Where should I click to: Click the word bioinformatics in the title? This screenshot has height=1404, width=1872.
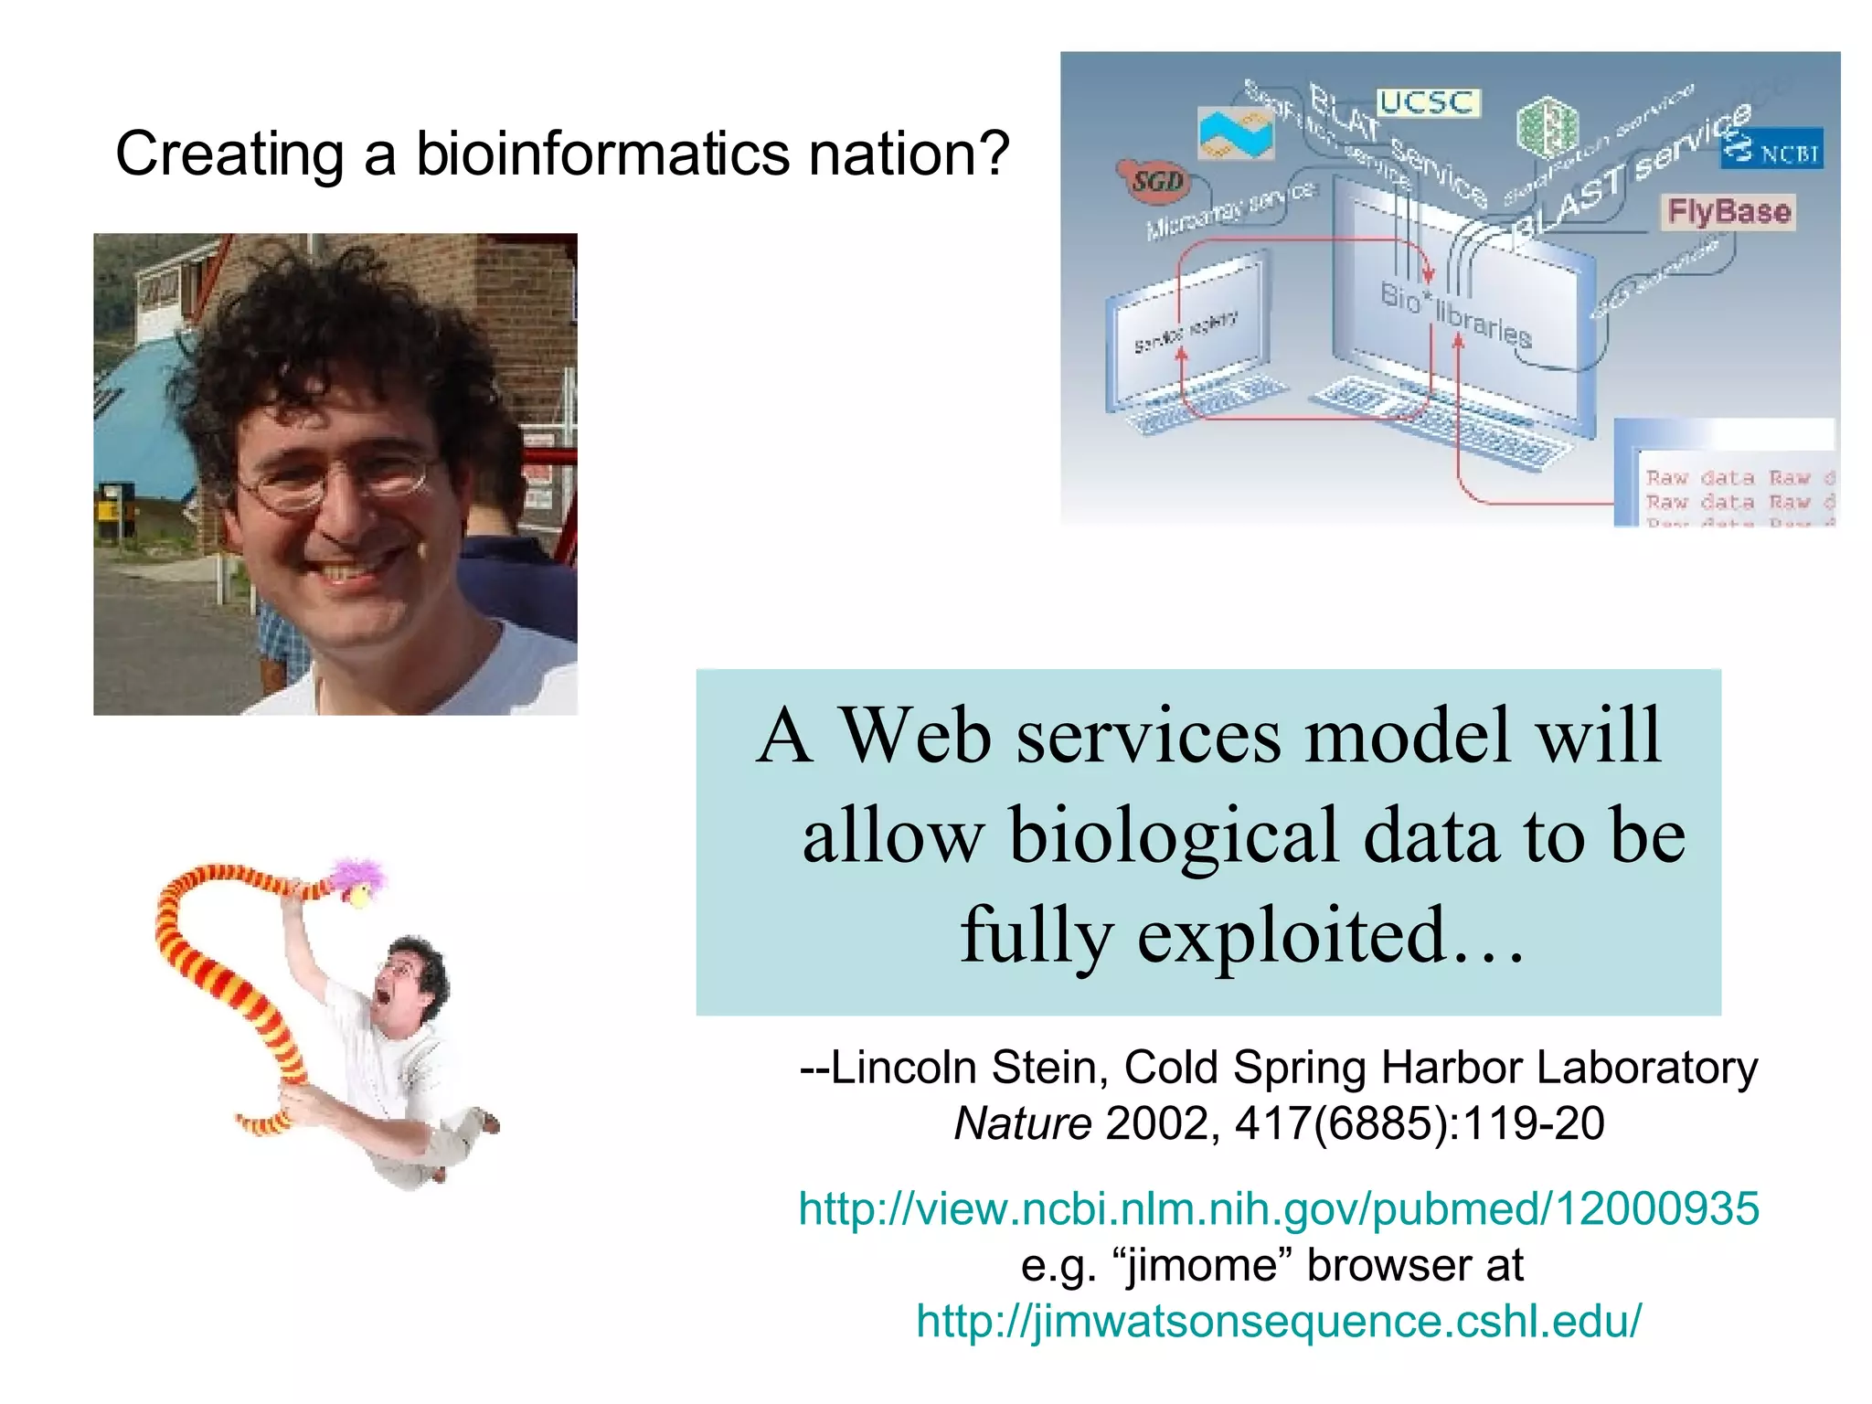pyautogui.click(x=603, y=154)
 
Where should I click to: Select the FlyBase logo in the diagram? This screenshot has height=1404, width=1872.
pyautogui.click(x=1728, y=212)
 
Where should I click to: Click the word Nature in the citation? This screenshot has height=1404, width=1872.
pyautogui.click(x=1022, y=1124)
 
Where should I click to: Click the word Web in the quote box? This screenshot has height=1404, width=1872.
pyautogui.click(x=914, y=736)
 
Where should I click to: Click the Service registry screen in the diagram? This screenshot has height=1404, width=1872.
pyautogui.click(x=1185, y=333)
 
